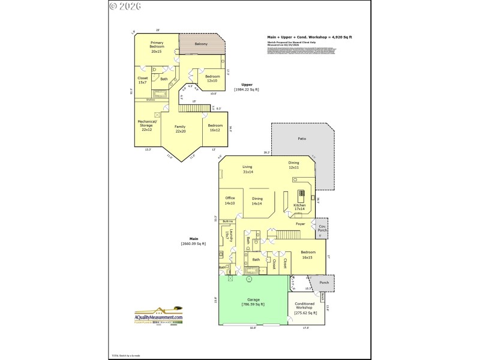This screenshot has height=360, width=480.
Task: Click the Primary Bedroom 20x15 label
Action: coord(157,48)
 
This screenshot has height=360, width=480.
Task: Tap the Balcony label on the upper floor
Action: coord(202,44)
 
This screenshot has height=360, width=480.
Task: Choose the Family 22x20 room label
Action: coord(180,128)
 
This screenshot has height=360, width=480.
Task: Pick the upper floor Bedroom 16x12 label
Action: coord(216,127)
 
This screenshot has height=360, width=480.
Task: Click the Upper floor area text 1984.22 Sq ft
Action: coord(246,89)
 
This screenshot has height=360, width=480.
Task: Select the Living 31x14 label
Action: coord(247,169)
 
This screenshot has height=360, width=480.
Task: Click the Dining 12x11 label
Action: coord(293,165)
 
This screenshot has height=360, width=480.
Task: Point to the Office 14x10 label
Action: coord(230,200)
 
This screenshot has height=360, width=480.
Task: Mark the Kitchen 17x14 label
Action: coord(299,207)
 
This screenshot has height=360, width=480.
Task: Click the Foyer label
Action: coord(301,224)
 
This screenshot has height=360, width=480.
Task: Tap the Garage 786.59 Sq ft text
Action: coord(253,302)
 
